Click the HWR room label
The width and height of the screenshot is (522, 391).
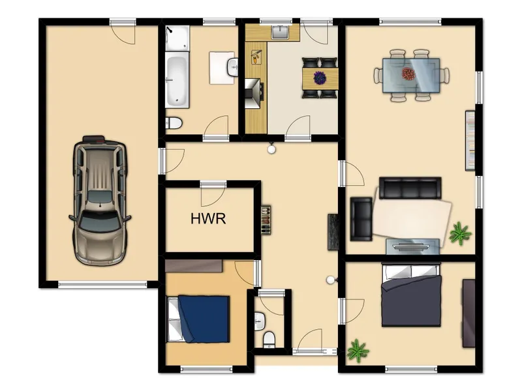pyautogui.click(x=208, y=218)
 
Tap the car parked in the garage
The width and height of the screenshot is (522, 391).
pyautogui.click(x=100, y=201)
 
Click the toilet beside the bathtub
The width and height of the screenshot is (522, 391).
pyautogui.click(x=174, y=123)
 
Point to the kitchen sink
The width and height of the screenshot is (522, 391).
pyautogui.click(x=281, y=33)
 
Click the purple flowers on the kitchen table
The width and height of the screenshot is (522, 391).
pyautogui.click(x=320, y=78)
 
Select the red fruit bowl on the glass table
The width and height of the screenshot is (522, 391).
pyautogui.click(x=408, y=74)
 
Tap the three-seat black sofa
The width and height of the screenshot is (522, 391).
pyautogui.click(x=410, y=188)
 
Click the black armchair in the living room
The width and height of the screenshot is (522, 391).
pyautogui.click(x=361, y=219)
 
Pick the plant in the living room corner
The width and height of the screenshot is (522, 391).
pyautogui.click(x=460, y=233)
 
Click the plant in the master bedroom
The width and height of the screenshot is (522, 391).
pyautogui.click(x=358, y=351)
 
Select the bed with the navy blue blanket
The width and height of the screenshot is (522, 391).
pyautogui.click(x=198, y=319)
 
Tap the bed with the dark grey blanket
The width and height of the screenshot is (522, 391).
pyautogui.click(x=412, y=295)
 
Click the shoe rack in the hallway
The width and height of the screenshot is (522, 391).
pyautogui.click(x=266, y=220)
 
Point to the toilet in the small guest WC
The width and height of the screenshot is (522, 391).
pyautogui.click(x=269, y=340)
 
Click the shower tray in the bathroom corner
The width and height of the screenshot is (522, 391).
pyautogui.click(x=177, y=38)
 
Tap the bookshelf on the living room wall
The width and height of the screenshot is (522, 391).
pyautogui.click(x=470, y=141)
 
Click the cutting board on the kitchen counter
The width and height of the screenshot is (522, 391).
pyautogui.click(x=256, y=57)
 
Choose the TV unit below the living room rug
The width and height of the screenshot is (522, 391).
pyautogui.click(x=413, y=247)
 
